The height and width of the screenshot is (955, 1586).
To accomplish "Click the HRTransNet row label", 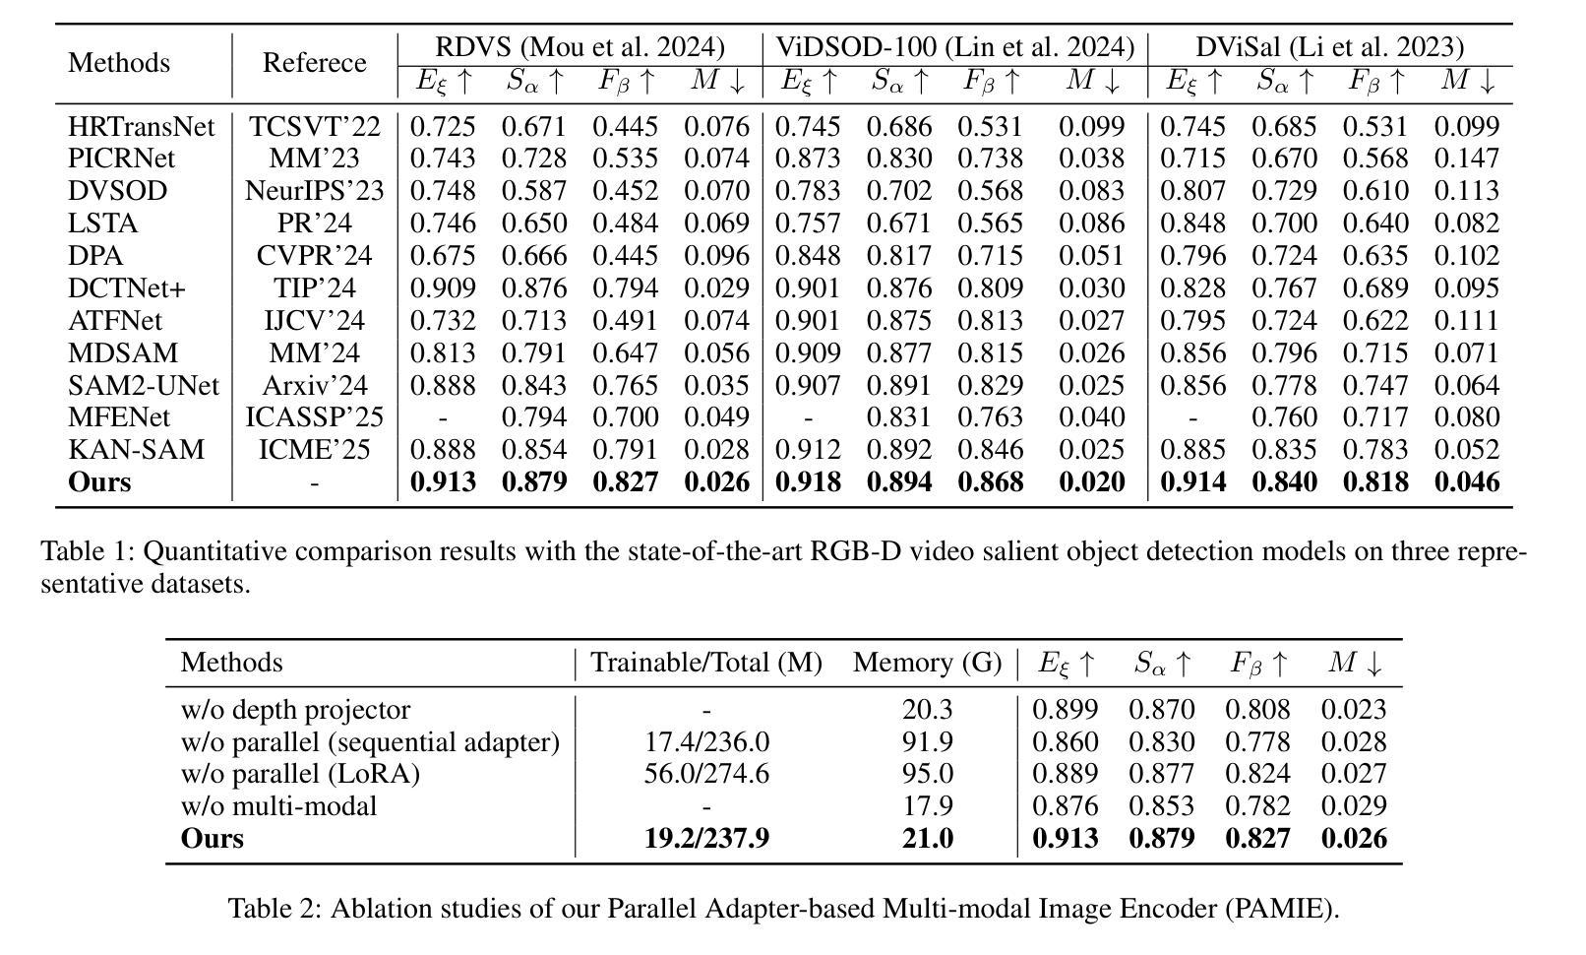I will [x=141, y=127].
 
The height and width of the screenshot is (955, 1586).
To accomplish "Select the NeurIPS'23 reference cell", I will [x=314, y=191].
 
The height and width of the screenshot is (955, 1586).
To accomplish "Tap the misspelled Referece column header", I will [x=314, y=63].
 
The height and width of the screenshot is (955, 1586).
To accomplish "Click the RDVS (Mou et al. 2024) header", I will [x=579, y=47].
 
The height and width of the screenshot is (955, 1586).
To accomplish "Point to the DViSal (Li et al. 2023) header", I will [x=1329, y=47].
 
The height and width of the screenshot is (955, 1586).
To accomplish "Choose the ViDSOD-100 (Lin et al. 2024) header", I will [x=954, y=47].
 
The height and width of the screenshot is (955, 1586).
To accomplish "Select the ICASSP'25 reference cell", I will [x=314, y=417].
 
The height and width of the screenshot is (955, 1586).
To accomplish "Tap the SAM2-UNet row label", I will [x=144, y=385].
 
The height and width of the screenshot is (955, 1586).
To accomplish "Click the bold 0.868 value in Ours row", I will [x=990, y=482].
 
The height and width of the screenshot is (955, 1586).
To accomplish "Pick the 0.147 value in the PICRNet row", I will [x=1467, y=159].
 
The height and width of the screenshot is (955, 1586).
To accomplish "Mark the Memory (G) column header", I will [x=927, y=663].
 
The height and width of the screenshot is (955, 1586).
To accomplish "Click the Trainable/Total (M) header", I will [x=705, y=663].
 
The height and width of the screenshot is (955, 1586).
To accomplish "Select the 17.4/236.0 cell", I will [x=706, y=742].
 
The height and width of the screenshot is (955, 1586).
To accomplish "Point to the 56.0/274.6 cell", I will [x=706, y=774].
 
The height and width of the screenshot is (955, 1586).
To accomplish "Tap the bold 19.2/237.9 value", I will [x=706, y=839].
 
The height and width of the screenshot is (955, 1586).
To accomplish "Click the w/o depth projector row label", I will [x=295, y=710].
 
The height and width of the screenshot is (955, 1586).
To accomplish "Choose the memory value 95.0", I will [x=927, y=774].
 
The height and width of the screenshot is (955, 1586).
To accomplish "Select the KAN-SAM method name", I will [x=136, y=450].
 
